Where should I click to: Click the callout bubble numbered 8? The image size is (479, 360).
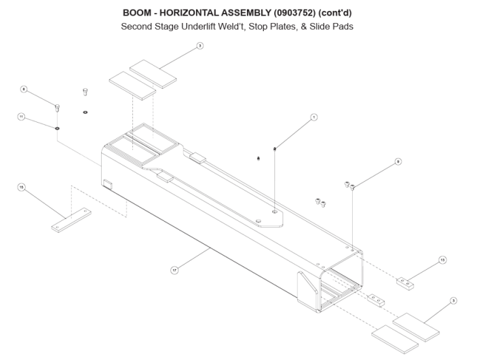point(24,89)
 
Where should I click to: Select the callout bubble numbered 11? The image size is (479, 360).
point(21,117)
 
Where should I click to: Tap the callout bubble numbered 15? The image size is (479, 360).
point(21,187)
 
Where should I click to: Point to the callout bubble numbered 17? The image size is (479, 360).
point(174,270)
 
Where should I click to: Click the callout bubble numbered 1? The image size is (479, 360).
point(314,117)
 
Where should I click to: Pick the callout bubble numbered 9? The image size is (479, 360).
point(398,161)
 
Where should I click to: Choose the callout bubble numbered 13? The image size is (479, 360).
point(442,259)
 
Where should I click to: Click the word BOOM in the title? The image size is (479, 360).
point(138,13)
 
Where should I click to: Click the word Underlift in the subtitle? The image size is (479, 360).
point(207,27)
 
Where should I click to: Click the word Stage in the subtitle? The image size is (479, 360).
point(172,27)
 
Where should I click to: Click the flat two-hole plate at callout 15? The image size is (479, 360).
point(70,219)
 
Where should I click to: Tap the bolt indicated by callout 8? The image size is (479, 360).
point(57,106)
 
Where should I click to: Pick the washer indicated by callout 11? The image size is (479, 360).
point(58,126)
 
